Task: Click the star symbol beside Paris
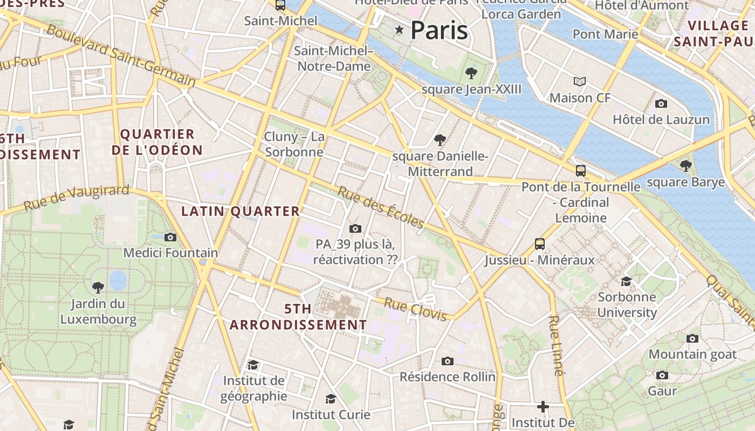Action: tap(399, 30)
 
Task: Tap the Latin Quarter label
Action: tap(240, 211)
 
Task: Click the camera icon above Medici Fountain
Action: tap(170, 237)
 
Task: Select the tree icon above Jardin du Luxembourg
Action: tap(98, 287)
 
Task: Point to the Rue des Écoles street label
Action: tap(381, 207)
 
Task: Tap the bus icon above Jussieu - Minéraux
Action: tap(539, 244)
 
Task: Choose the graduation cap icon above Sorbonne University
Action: tap(626, 281)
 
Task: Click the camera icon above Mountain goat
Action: tap(692, 338)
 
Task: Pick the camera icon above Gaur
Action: tap(662, 375)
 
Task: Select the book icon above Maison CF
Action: tap(580, 81)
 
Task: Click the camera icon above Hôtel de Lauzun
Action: tap(661, 103)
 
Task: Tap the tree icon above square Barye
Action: tap(685, 165)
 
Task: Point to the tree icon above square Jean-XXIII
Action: tap(471, 73)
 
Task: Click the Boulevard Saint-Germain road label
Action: tap(121, 55)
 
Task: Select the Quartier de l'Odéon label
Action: tap(157, 142)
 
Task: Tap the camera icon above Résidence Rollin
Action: tap(447, 361)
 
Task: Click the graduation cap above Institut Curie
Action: tap(331, 399)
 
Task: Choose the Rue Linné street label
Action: tap(556, 345)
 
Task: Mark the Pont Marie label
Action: tap(605, 34)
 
